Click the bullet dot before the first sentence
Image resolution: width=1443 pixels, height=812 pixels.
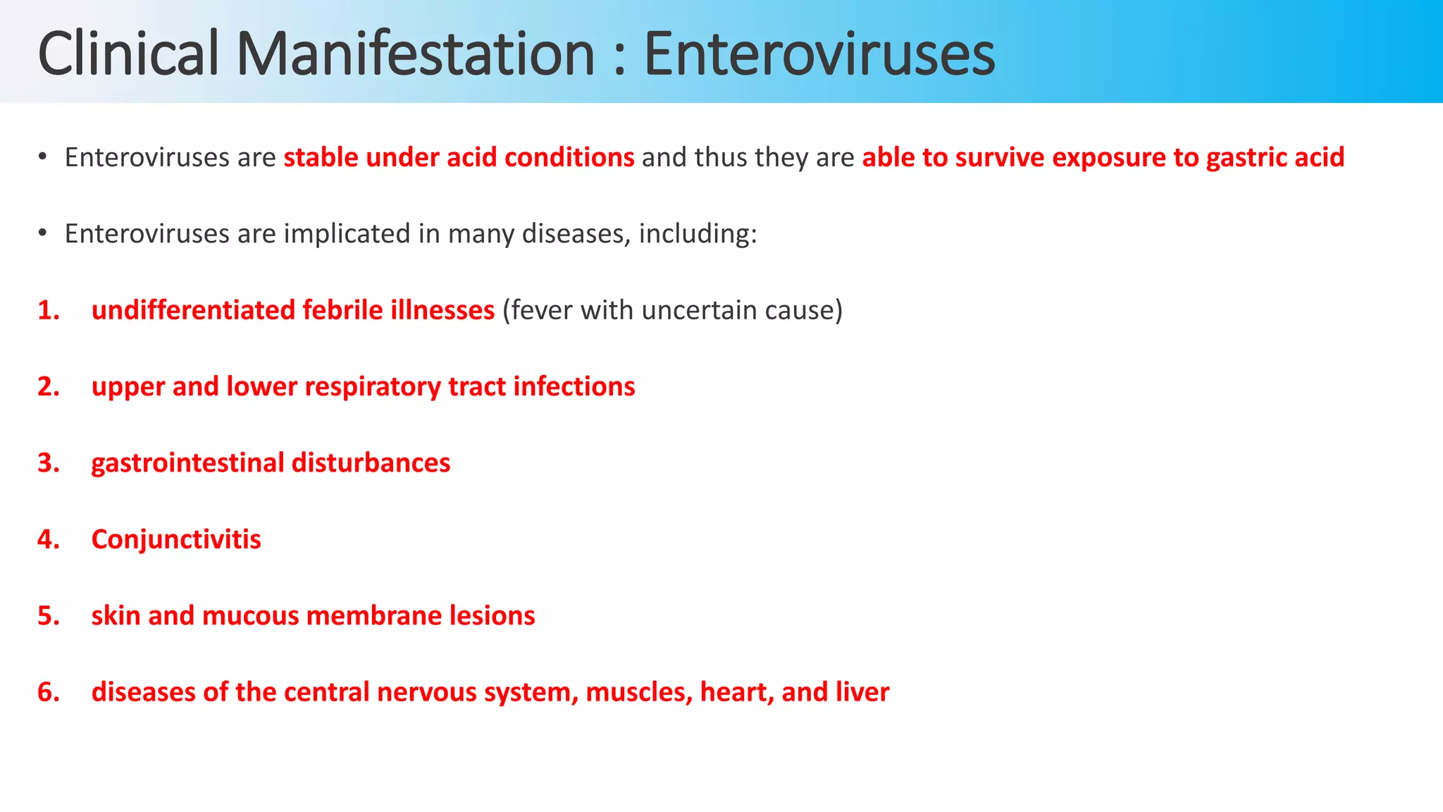coord(42,156)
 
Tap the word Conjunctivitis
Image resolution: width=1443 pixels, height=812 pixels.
coord(176,540)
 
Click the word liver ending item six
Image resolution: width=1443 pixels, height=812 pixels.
coord(862,692)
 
